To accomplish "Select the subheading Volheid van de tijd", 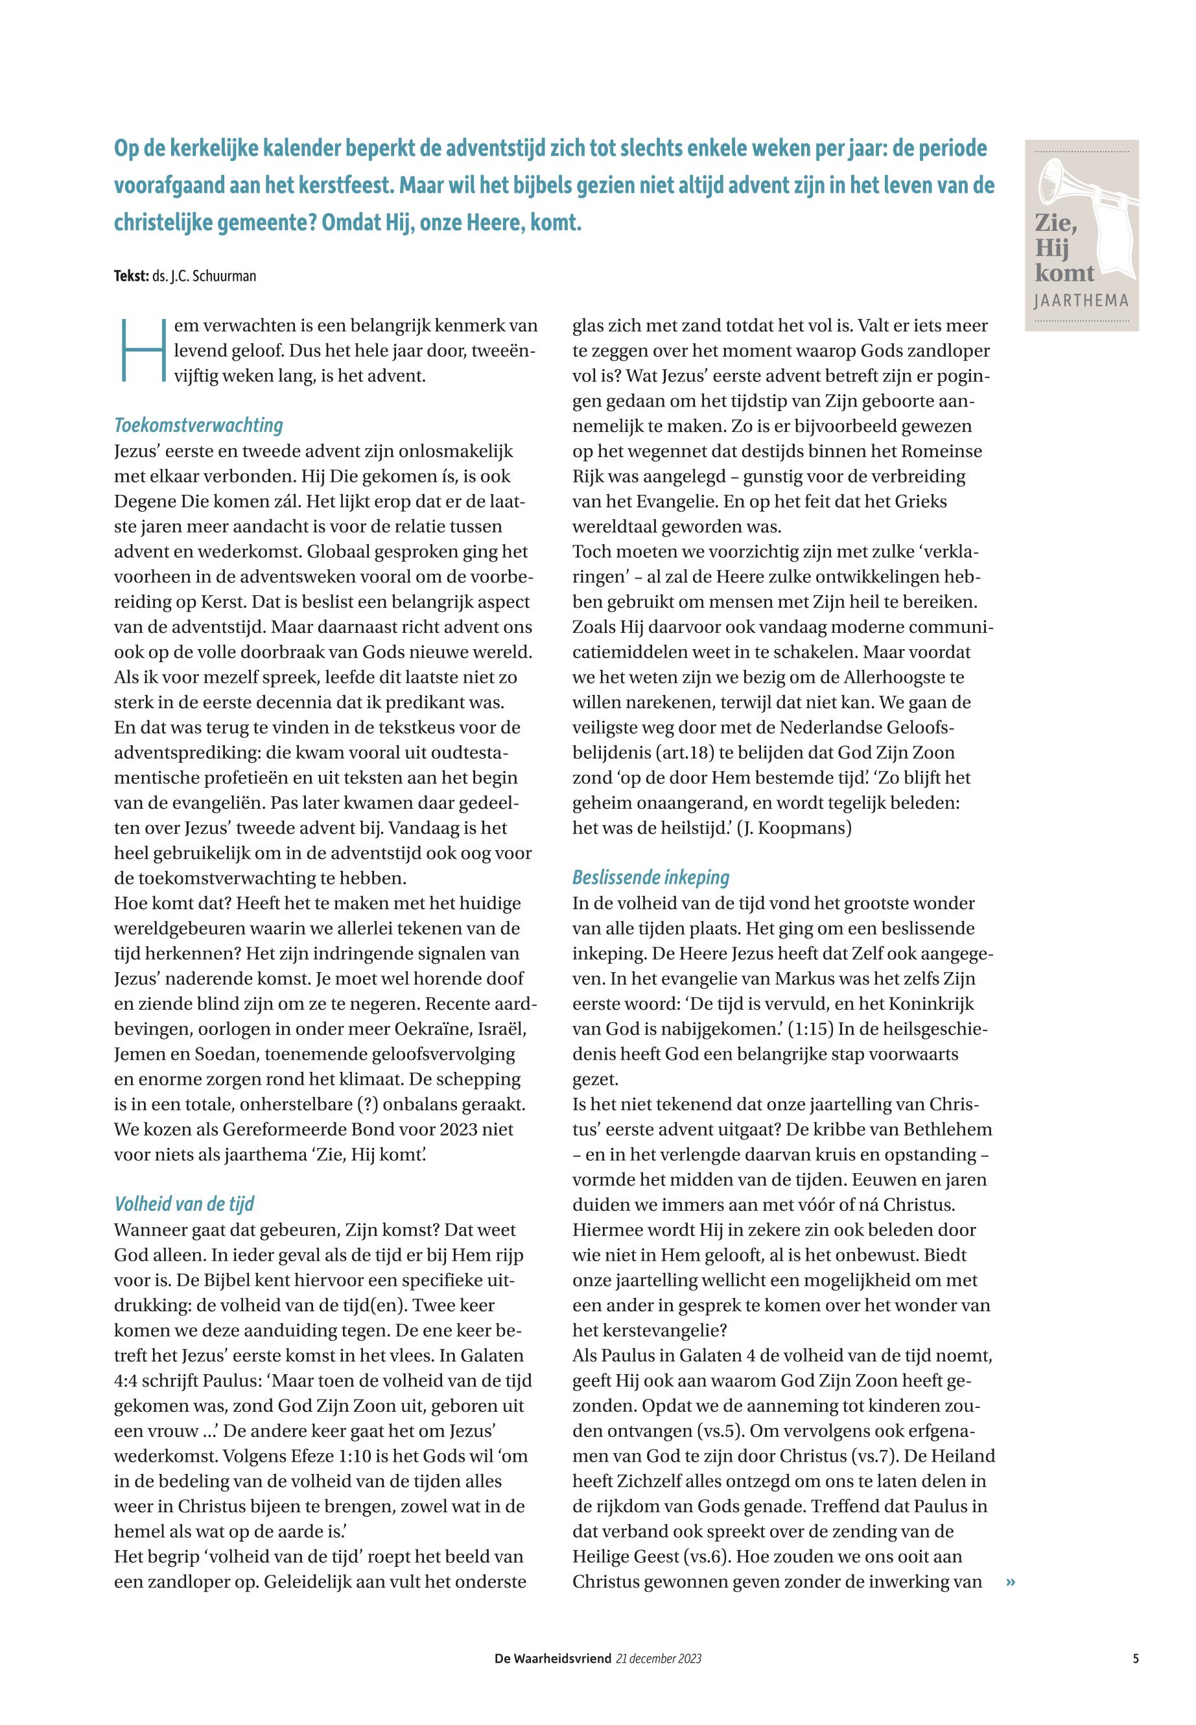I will (183, 1204).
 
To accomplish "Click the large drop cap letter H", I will (141, 350).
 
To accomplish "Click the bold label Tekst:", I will (131, 276).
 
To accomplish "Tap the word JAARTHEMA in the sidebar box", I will (1081, 302).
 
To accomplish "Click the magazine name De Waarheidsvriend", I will (552, 1658).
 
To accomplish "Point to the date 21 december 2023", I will (659, 1658).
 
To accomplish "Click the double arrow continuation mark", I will (1011, 1582).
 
